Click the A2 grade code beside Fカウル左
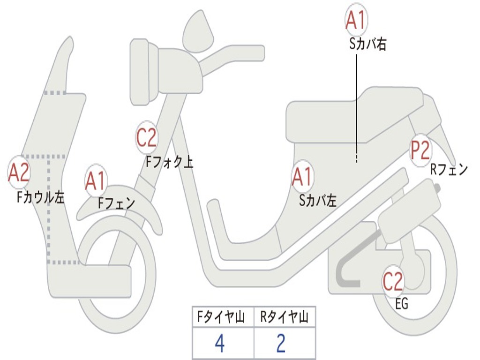pyautogui.click(x=19, y=172)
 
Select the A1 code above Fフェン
pyautogui.click(x=96, y=181)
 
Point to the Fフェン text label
pyautogui.click(x=116, y=203)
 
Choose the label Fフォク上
pyautogui.click(x=169, y=162)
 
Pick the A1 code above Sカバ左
pyautogui.click(x=302, y=177)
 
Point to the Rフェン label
pyautogui.click(x=449, y=170)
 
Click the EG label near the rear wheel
pyautogui.click(x=402, y=304)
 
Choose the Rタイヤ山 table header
pyautogui.click(x=284, y=318)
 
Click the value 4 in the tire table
pyautogui.click(x=219, y=344)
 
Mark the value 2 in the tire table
pyautogui.click(x=281, y=344)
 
